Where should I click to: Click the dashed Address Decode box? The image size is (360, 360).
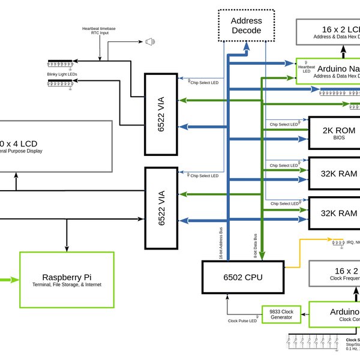pos(246,25)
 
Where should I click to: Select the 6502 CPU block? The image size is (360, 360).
pos(242,277)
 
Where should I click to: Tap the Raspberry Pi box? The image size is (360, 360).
pos(67,280)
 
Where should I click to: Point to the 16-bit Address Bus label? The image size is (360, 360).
pos(221,245)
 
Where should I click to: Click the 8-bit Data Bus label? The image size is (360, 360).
pos(255,247)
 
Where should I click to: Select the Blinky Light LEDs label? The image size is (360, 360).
pos(62,74)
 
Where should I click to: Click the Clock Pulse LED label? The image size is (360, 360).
pos(242,321)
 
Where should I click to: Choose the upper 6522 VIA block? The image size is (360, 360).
pos(161,113)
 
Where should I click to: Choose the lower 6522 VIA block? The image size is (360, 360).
pos(161,208)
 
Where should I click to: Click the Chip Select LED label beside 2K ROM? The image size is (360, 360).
pos(284,124)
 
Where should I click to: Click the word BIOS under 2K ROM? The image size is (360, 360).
pos(340,137)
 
